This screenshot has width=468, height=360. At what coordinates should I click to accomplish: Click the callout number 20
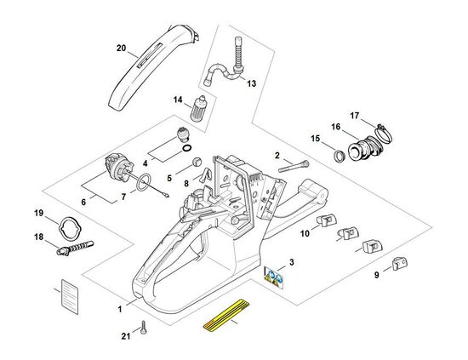pyautogui.click(x=121, y=48)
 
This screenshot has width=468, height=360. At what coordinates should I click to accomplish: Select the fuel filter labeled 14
pyautogui.click(x=199, y=109)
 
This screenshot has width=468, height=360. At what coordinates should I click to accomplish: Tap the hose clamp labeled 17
pyautogui.click(x=384, y=134)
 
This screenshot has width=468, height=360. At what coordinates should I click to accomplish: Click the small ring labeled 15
pyautogui.click(x=339, y=156)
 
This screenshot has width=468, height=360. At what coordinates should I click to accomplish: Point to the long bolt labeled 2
pyautogui.click(x=294, y=166)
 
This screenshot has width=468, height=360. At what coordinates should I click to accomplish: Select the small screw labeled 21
pyautogui.click(x=145, y=328)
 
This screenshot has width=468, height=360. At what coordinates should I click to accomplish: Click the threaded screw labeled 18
pyautogui.click(x=75, y=248)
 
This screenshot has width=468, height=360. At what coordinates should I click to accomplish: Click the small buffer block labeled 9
pyautogui.click(x=400, y=263)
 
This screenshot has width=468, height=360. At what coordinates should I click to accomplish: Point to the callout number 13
pyautogui.click(x=251, y=83)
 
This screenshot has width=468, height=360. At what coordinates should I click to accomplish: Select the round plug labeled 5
pyautogui.click(x=197, y=162)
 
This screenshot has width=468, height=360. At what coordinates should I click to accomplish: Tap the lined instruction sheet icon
pyautogui.click(x=70, y=297)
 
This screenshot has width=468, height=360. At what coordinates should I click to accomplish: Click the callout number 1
pyautogui.click(x=120, y=309)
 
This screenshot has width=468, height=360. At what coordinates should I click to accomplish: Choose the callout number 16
pyautogui.click(x=335, y=127)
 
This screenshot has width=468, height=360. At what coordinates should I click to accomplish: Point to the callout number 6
pyautogui.click(x=83, y=202)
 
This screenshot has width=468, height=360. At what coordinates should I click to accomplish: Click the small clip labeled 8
pyautogui.click(x=206, y=174)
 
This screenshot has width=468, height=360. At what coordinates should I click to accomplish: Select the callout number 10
pyautogui.click(x=305, y=233)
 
